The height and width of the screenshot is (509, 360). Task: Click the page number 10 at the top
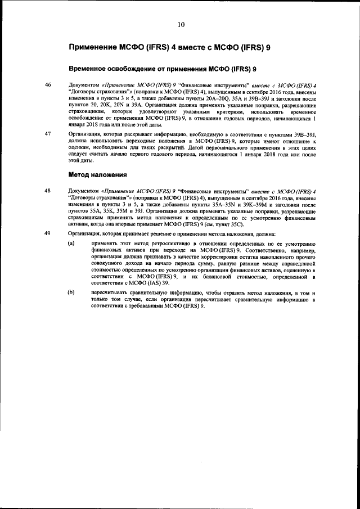pyautogui.click(x=181, y=24)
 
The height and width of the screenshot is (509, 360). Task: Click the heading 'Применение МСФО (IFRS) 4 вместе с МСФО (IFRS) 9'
pyautogui.click(x=169, y=48)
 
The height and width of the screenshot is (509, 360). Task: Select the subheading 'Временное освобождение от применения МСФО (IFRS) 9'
pyautogui.click(x=163, y=69)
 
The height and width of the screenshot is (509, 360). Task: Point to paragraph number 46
pyautogui.click(x=48, y=85)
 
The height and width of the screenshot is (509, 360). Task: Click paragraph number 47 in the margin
pyautogui.click(x=48, y=134)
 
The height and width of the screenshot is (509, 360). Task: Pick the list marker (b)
pyautogui.click(x=71, y=293)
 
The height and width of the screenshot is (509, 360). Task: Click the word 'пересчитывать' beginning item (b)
pyautogui.click(x=111, y=293)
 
